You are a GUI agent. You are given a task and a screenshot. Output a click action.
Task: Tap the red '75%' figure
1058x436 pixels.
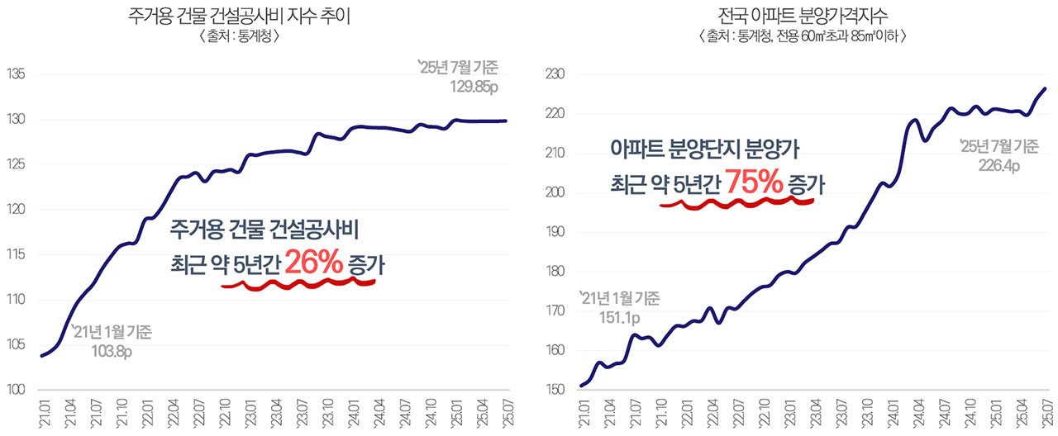point(753,183)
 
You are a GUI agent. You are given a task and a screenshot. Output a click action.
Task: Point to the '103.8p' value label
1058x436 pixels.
point(112,350)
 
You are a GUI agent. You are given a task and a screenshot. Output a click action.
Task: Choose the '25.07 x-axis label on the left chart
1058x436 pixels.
point(506,410)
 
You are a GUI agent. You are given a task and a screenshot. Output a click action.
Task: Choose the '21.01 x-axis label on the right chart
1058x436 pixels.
point(584,410)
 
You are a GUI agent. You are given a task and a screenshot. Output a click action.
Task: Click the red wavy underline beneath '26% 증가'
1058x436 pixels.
point(298,284)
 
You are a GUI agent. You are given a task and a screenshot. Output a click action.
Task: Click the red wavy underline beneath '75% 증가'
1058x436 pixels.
point(737,201)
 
